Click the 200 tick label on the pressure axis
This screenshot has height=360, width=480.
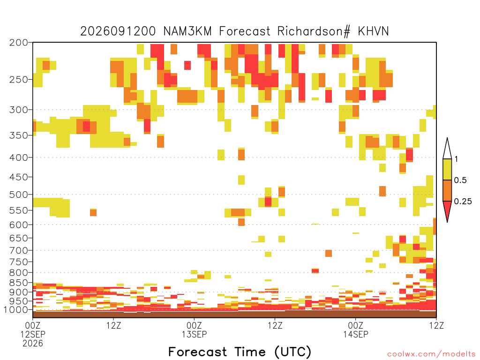pos(18,43)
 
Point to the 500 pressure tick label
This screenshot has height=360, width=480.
pos(18,195)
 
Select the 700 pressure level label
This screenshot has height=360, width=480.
pos(18,250)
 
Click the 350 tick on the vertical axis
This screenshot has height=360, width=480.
pos(18,135)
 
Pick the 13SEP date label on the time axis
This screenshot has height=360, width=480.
pos(195,334)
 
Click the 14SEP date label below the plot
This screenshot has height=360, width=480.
pos(356,334)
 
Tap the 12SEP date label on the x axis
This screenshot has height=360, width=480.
pos(33,334)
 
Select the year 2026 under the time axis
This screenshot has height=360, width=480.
pos(33,344)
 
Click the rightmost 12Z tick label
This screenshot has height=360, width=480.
pos(436,325)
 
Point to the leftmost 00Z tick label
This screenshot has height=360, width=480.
pos(33,325)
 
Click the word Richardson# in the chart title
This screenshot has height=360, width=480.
pos(314,31)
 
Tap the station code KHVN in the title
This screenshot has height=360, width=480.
pos(373,31)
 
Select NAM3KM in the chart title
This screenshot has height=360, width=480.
pos(187,31)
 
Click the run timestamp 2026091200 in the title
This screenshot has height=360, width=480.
pos(118,31)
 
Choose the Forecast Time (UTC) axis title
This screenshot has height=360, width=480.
pos(240,352)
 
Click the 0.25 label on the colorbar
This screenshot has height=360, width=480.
pos(463,201)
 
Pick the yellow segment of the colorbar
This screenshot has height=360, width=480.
pos(447,169)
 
